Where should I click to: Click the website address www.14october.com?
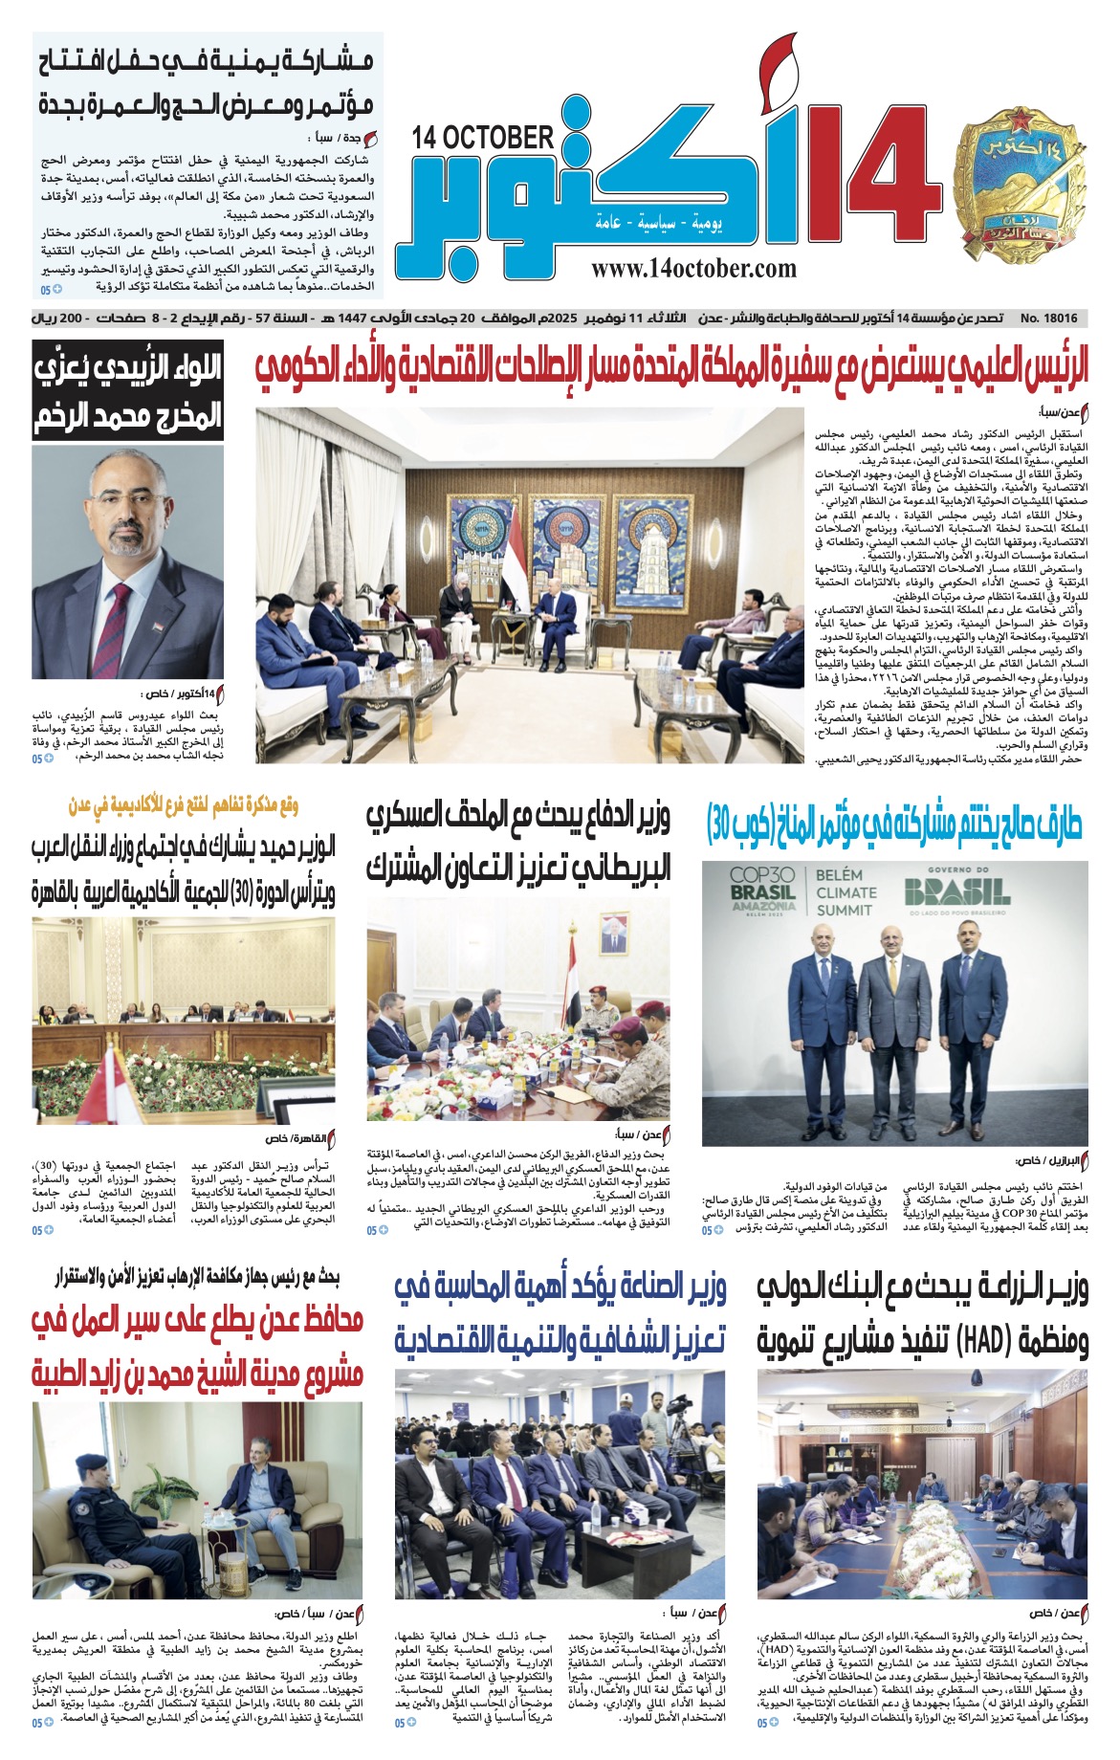[693, 269]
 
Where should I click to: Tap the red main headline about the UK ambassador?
[671, 369]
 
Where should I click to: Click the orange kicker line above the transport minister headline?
[183, 805]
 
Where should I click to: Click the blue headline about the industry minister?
[560, 1312]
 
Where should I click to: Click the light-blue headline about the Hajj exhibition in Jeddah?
[208, 81]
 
